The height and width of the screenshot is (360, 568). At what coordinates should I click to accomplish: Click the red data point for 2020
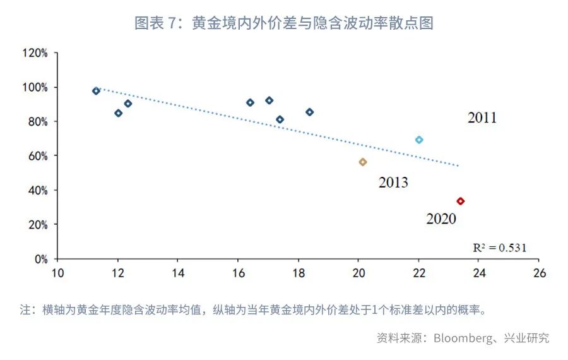[461, 201]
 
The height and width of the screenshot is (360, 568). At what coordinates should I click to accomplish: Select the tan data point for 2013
[363, 162]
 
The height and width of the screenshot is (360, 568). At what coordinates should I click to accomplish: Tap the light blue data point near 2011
[419, 140]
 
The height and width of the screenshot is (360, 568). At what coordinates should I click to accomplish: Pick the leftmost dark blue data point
[96, 91]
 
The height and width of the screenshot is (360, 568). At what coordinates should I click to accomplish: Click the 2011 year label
[482, 118]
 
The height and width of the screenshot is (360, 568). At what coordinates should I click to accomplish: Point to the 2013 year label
[393, 183]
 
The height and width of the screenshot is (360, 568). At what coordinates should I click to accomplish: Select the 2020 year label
[441, 219]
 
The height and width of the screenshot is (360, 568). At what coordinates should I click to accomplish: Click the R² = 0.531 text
[499, 248]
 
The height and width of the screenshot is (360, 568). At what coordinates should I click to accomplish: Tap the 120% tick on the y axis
[35, 53]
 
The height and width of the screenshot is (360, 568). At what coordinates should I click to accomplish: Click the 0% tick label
[40, 259]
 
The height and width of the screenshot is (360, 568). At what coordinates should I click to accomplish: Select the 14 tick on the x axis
[177, 273]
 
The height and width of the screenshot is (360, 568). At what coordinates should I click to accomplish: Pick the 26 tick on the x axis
[538, 273]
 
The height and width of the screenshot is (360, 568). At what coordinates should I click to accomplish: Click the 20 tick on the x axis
[358, 273]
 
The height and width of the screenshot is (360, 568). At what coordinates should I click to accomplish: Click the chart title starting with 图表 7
[283, 23]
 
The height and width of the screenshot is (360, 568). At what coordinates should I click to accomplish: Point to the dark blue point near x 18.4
[309, 112]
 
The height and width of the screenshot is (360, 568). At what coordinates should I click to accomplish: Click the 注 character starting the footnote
[25, 310]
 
